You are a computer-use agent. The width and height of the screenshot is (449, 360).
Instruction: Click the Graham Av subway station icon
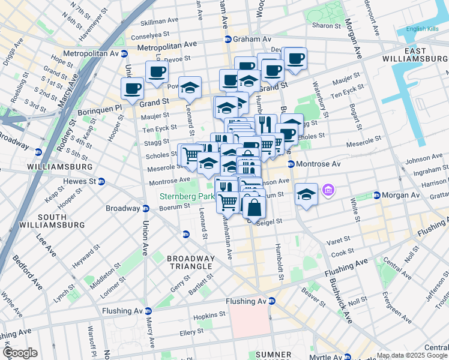pyautogui.click(x=228, y=40)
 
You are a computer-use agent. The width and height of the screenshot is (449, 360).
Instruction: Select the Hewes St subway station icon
pyautogui.click(x=101, y=182)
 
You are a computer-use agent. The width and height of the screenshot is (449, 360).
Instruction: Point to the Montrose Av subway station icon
pyautogui.click(x=291, y=164)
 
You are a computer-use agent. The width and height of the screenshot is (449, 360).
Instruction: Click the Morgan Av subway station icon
pyautogui.click(x=376, y=195)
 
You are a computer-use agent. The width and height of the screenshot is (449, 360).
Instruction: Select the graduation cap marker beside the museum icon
pyautogui.click(x=306, y=194)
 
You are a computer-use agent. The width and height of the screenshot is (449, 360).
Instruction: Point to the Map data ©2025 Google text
pyautogui.click(x=411, y=355)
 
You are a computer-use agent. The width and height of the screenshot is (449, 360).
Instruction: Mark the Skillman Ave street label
pyautogui.click(x=159, y=22)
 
